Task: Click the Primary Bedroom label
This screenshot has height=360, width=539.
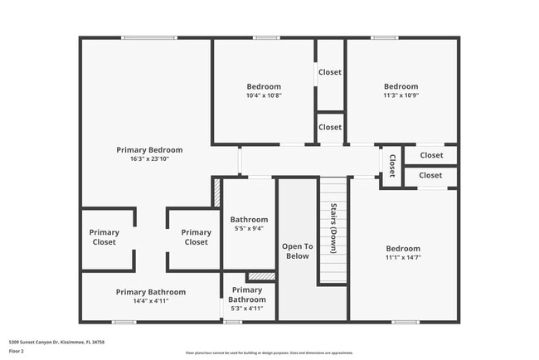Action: click(149, 150)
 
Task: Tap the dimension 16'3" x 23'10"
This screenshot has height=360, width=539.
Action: click(149, 159)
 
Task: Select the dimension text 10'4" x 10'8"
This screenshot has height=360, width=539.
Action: click(264, 95)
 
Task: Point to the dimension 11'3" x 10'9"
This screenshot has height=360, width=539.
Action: click(401, 95)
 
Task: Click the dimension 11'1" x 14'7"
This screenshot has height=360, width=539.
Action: click(403, 258)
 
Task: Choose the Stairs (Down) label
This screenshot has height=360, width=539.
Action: click(333, 227)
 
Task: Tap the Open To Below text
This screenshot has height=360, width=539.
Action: click(297, 251)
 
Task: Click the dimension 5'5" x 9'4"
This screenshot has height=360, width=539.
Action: click(248, 228)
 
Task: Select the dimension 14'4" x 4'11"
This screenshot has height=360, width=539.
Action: click(151, 302)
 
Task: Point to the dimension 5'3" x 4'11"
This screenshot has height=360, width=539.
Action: click(246, 309)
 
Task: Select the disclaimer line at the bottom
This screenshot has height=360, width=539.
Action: click(269, 353)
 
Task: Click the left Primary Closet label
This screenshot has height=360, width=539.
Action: click(104, 237)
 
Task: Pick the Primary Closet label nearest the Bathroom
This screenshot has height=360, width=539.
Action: click(196, 237)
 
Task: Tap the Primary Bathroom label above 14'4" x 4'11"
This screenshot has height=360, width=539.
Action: click(151, 292)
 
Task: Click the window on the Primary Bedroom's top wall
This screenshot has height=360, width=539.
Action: click(149, 37)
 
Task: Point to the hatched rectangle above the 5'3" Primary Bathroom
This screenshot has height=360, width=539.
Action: click(261, 276)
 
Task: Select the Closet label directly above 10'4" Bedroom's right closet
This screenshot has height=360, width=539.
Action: click(330, 72)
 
